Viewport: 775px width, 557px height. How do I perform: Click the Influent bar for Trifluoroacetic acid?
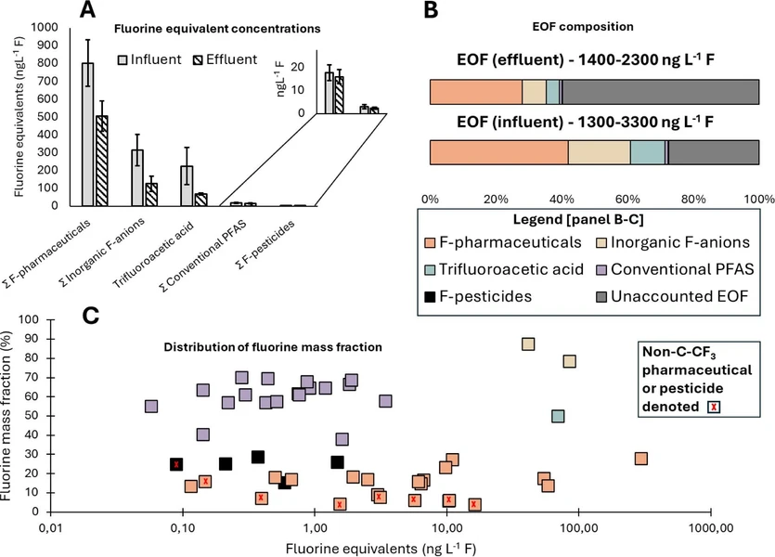click(x=187, y=186)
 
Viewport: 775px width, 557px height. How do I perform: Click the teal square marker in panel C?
click(x=558, y=416)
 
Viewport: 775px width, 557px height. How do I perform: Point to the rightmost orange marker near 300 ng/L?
click(x=641, y=459)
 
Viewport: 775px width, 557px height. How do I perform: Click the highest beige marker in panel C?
click(x=528, y=344)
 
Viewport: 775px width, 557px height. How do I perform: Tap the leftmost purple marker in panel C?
click(x=151, y=407)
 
